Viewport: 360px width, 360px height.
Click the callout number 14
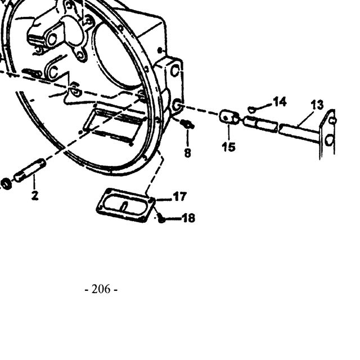point(280,102)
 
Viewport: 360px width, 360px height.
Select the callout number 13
point(317,105)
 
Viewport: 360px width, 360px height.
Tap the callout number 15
point(229,147)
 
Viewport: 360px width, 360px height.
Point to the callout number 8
point(187,152)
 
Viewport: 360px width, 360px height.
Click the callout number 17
point(180,197)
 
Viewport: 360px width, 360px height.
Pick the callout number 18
point(189,218)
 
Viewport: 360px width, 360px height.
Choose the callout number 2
point(35,195)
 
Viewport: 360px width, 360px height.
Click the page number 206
point(101,289)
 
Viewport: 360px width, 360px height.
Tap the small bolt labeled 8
point(187,125)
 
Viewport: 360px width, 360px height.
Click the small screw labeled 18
point(161,218)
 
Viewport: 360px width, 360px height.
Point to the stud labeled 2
point(30,170)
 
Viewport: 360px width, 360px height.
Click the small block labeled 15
point(229,118)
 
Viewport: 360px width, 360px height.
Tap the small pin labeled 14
point(252,110)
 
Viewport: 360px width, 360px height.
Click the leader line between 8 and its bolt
point(187,138)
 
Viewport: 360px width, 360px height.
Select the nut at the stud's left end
point(5,184)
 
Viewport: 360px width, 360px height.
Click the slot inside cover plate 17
point(124,207)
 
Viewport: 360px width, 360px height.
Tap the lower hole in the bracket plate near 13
point(330,139)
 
